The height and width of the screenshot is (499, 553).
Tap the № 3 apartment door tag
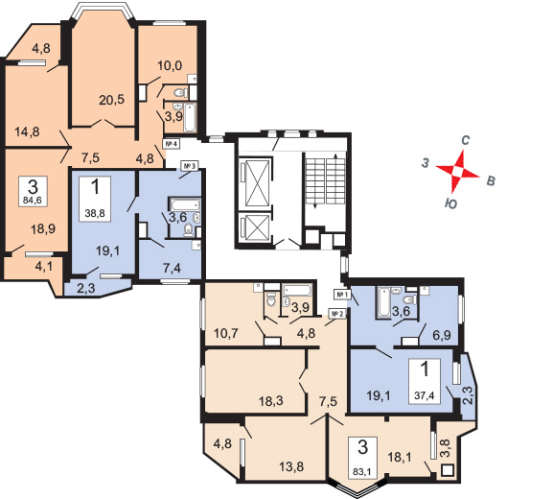pos(190,165)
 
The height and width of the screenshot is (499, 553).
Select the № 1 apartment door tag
pos(341,294)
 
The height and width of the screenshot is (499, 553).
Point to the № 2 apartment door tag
pos(337,313)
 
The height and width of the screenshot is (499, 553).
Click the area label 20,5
pos(111,100)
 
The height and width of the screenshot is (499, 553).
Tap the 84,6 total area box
pos(33,191)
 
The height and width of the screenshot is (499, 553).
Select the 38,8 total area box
pos(95,199)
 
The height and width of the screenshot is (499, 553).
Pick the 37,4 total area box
pos(425,381)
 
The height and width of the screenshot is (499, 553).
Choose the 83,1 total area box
pos(363,458)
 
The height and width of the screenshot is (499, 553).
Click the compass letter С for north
pos(465,140)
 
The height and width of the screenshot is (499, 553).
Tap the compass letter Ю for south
pos(451,203)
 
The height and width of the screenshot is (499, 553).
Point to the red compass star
pos(458,172)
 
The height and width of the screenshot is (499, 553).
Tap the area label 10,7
pos(226,333)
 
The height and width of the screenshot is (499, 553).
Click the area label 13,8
pos(291,467)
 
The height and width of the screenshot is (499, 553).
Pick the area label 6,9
pos(442,334)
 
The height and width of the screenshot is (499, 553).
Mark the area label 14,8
pos(27,132)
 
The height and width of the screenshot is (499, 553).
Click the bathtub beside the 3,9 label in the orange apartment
pos(190,117)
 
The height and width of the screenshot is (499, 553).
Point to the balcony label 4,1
pos(44,266)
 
